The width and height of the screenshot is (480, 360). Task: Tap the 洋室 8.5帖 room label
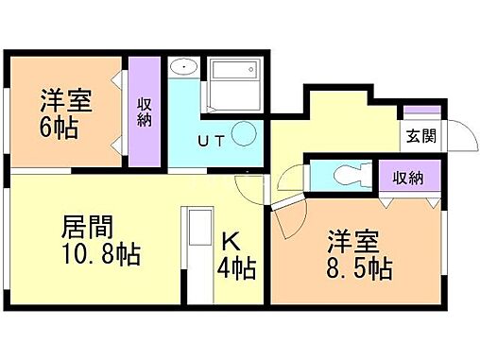(x=360, y=252)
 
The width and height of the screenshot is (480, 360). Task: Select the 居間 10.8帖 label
(x=100, y=242)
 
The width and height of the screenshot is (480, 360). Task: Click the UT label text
(x=210, y=142)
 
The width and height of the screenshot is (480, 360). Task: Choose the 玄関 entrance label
(x=421, y=136)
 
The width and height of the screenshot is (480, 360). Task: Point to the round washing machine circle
(x=245, y=135)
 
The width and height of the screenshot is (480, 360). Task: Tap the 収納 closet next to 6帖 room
(x=145, y=111)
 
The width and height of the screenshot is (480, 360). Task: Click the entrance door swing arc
(x=457, y=138)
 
